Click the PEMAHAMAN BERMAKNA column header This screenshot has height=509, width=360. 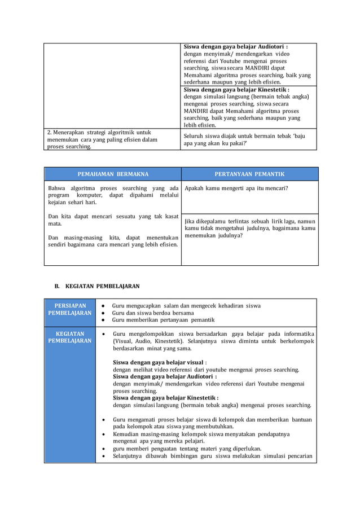113,174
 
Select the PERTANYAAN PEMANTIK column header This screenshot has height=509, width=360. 249,174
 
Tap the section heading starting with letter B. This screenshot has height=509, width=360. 96,286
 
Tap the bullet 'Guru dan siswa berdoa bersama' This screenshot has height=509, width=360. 153,313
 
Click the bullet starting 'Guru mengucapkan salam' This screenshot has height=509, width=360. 186,305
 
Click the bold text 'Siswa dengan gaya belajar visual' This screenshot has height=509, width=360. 159,362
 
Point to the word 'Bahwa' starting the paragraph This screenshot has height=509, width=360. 56,188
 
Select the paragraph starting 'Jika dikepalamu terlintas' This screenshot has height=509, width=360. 249,228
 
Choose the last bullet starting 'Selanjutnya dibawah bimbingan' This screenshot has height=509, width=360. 212,456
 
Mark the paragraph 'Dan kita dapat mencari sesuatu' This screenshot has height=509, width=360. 113,220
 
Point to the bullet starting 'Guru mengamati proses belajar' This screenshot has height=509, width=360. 212,424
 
